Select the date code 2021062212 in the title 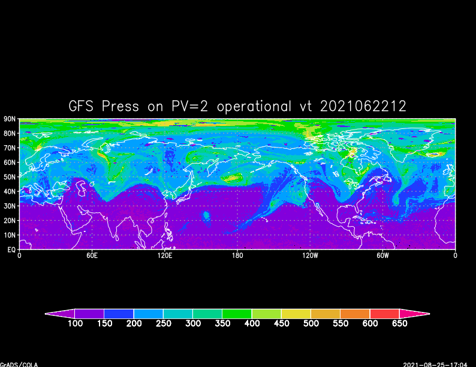363,107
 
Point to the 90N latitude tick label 10,119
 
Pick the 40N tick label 10,192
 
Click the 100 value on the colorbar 75,324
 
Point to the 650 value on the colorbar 399,324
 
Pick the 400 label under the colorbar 252,324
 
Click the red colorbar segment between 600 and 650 384,314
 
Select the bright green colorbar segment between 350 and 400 237,314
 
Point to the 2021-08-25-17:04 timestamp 439,364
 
